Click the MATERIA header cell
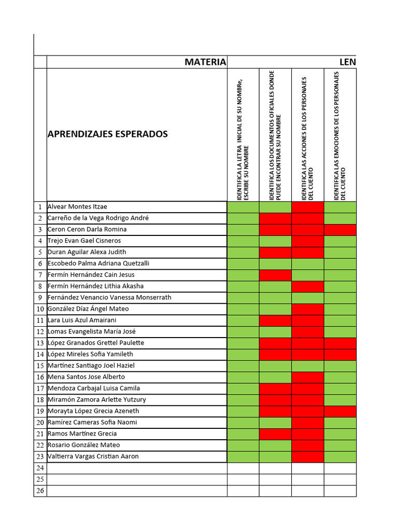205,62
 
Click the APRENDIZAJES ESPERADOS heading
108,134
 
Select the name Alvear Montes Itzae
77,206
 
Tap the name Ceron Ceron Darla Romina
87,229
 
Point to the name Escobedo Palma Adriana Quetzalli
98,263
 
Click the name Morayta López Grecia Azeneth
93,411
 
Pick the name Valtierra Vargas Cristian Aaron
93,456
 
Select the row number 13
40,343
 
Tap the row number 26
40,491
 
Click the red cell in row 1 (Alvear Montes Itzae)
308,207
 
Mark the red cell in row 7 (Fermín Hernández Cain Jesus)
275,275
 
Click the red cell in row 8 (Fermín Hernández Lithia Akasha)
308,286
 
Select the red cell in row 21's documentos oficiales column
275,434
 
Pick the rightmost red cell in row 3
340,229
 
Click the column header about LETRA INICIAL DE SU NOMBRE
243,135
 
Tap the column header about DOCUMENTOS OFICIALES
275,135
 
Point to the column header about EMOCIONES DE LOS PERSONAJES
340,135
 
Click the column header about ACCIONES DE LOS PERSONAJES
308,135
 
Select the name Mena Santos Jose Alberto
86,377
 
